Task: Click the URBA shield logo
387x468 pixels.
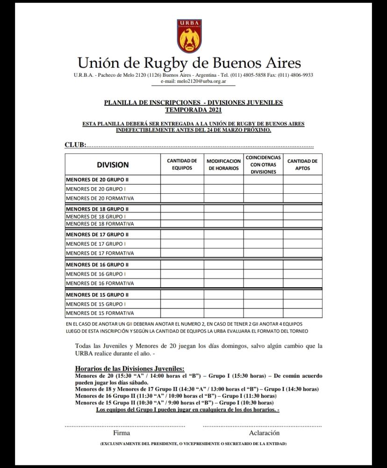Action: coord(189,36)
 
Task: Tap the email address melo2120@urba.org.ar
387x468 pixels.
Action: coord(193,81)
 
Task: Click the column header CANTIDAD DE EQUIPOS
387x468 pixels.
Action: coord(182,164)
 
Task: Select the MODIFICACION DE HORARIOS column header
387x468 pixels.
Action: coord(223,164)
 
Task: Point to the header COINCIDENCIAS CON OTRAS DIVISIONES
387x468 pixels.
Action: coord(263,164)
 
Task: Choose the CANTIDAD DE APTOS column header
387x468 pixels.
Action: coord(302,164)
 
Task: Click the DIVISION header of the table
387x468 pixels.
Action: coord(113,165)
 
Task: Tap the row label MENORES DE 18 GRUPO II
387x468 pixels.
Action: coord(97,209)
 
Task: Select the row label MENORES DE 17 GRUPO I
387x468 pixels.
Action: coord(95,244)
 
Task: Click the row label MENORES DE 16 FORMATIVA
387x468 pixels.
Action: coord(100,283)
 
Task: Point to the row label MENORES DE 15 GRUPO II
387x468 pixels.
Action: coord(97,295)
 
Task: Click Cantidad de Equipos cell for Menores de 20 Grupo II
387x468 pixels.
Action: coord(182,180)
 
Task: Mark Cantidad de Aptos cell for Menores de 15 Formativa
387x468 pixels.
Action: coord(302,313)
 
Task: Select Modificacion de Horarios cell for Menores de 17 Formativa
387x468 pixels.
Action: coord(223,253)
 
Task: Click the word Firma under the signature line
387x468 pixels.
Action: coord(122,433)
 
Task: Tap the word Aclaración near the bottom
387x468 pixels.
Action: coord(264,433)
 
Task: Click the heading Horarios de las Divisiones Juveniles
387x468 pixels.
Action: coord(129,368)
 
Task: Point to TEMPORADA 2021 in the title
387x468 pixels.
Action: coord(193,110)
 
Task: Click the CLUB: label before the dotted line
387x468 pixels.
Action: coord(75,145)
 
